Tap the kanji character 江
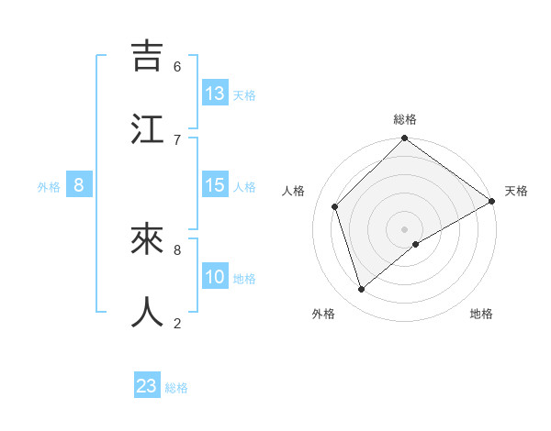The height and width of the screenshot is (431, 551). (x=147, y=128)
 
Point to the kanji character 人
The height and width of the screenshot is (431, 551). (x=147, y=312)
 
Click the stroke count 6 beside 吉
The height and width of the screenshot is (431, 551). (x=177, y=66)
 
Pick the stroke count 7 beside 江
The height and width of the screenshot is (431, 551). (x=177, y=139)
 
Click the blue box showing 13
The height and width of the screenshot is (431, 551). (x=215, y=94)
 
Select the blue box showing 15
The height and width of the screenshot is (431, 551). (x=215, y=185)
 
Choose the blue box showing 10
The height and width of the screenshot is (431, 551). (x=215, y=277)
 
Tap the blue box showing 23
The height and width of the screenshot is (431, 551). (x=147, y=386)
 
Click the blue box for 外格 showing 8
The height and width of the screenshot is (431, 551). (x=79, y=185)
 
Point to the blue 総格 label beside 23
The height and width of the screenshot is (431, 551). (x=176, y=388)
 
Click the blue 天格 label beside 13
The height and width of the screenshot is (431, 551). (x=244, y=95)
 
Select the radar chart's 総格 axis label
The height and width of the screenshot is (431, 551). (x=405, y=119)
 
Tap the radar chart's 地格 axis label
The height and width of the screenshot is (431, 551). (x=481, y=314)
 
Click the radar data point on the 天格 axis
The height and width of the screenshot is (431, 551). (x=491, y=202)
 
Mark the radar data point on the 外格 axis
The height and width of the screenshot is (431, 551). (x=362, y=289)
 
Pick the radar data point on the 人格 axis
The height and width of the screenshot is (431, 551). (x=335, y=206)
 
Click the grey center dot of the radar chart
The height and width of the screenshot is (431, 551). (x=405, y=228)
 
